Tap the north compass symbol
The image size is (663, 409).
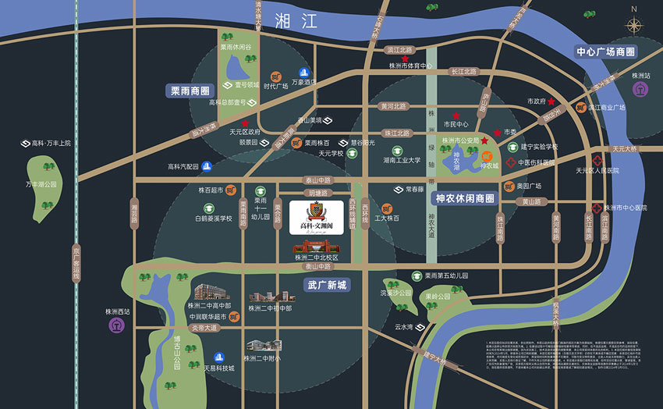point(634,23)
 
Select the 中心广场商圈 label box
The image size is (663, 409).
point(605,52)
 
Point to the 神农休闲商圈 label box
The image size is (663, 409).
point(465,198)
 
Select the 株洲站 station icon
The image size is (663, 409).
point(640,88)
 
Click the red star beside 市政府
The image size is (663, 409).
point(551,101)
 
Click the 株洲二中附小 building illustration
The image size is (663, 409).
point(262,346)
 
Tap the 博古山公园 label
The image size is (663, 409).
point(178,352)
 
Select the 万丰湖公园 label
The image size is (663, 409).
point(41,184)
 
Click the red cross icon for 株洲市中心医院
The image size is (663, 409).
point(597,208)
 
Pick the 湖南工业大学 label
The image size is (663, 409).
point(402,161)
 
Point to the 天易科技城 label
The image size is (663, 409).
point(219,368)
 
